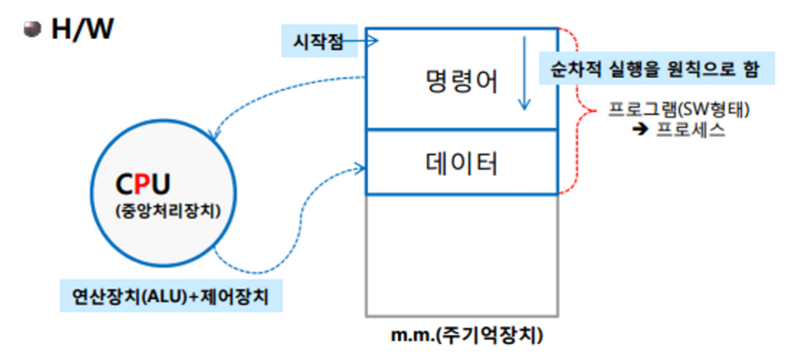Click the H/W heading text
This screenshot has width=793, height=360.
82,30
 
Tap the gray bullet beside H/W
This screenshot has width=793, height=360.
33,30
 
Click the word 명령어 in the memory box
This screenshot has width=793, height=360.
461,82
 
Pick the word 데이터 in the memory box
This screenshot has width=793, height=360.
461,163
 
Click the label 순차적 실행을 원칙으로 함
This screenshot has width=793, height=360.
656,67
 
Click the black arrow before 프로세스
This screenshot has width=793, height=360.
641,131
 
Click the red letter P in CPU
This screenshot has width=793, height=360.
147,184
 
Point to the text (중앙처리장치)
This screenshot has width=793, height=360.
166,211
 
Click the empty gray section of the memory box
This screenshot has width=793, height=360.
463,254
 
